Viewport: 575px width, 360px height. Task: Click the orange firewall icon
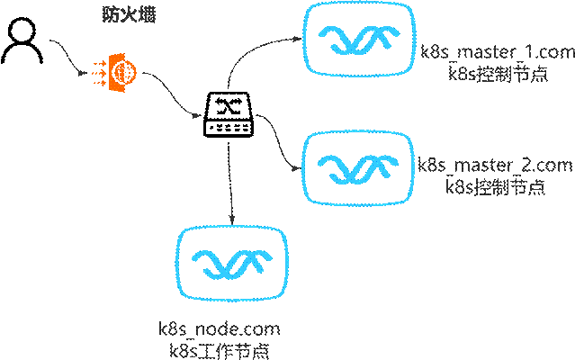(x=112, y=70)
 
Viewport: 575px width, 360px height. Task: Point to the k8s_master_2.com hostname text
(x=495, y=166)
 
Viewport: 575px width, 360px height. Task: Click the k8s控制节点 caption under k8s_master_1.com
(x=496, y=75)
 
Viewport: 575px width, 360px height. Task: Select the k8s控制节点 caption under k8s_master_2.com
(x=496, y=187)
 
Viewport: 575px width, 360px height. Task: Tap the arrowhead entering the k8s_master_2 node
(x=298, y=166)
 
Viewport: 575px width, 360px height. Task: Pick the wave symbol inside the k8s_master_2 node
(x=359, y=167)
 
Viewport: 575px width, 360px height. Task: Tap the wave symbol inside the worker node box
(x=232, y=261)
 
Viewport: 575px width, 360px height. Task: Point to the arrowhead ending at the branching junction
(x=197, y=114)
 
